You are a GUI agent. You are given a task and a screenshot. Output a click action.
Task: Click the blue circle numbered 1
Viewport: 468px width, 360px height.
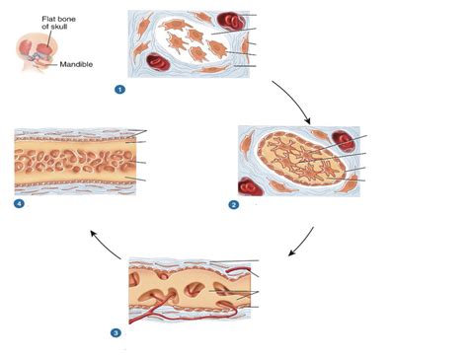click(x=120, y=89)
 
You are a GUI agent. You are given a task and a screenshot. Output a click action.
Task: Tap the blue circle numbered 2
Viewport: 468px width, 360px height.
click(x=234, y=205)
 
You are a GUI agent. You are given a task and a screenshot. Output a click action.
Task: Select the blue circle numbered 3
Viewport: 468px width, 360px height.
click(x=117, y=332)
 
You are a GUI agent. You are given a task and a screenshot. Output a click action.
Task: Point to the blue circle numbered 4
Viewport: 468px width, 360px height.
click(x=20, y=204)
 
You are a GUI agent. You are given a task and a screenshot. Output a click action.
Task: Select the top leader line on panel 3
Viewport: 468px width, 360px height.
click(x=237, y=261)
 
